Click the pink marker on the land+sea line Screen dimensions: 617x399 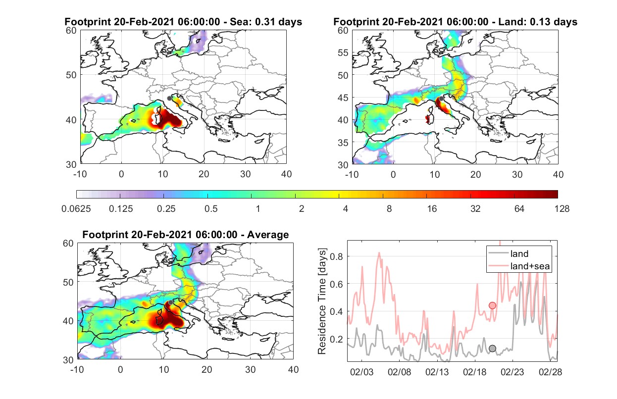(492, 305)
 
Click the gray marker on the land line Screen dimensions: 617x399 (492, 349)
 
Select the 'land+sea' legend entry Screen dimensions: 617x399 (519, 266)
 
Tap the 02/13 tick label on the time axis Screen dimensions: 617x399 (437, 372)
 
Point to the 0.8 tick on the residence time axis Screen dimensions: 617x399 (336, 256)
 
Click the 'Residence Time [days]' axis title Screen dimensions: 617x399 (322, 301)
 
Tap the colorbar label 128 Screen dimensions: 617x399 (562, 209)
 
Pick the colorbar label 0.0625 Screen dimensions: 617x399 (76, 209)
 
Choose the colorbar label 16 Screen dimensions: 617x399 (432, 209)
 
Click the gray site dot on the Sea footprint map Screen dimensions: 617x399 (169, 99)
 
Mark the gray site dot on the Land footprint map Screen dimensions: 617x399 (441, 99)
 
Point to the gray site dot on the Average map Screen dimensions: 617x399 (171, 302)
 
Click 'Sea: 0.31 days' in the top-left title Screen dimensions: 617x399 (266, 22)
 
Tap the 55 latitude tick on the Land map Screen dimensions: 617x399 (343, 52)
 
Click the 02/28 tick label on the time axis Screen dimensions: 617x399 (550, 372)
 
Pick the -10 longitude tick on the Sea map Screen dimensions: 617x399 (80, 174)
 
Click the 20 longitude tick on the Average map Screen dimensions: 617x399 (206, 369)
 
